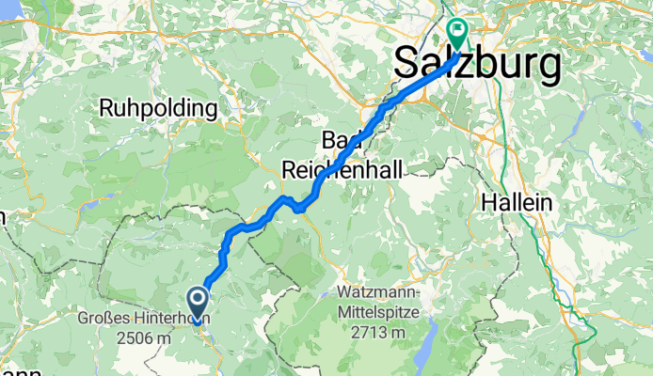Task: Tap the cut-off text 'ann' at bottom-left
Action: [x=19, y=372]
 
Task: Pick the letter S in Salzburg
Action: [x=405, y=64]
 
